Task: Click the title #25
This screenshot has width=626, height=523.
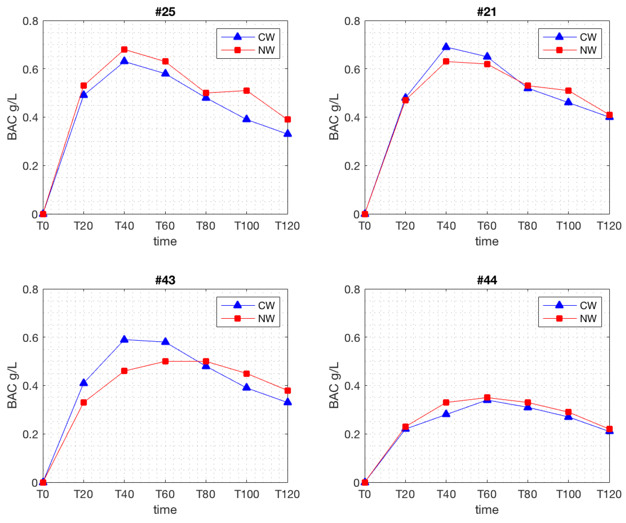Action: [x=165, y=12]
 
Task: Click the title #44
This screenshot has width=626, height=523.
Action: [x=487, y=280]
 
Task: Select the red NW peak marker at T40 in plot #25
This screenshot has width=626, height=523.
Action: [x=124, y=49]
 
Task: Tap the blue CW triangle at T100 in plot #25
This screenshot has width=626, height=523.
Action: [x=247, y=119]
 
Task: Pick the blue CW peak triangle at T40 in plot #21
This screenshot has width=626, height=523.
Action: [x=446, y=46]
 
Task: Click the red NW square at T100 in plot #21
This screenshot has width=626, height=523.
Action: [x=568, y=91]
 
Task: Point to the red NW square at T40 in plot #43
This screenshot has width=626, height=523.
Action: [x=124, y=371]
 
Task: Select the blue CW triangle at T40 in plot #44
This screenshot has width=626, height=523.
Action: [x=446, y=414]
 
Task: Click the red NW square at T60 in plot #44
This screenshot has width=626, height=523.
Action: [x=487, y=397]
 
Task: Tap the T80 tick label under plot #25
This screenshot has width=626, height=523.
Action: [x=206, y=226]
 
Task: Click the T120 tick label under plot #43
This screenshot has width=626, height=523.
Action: [x=287, y=494]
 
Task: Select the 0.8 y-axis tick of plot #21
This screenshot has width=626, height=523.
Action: [x=352, y=21]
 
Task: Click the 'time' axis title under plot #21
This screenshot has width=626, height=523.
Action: [x=487, y=241]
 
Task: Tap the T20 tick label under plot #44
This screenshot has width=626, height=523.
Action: [x=405, y=494]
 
